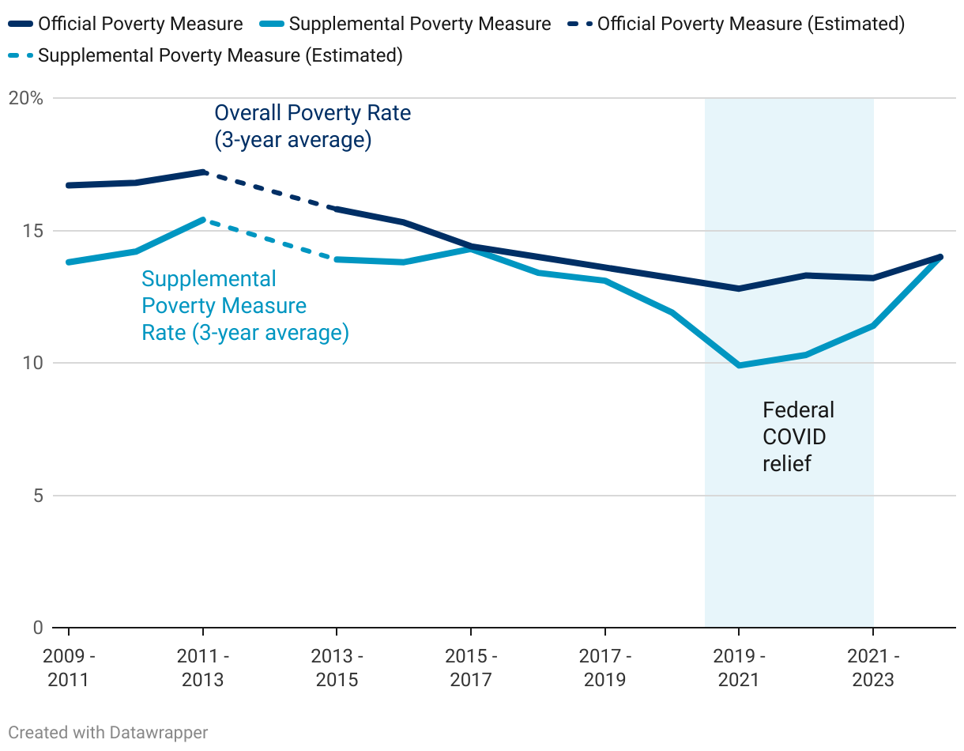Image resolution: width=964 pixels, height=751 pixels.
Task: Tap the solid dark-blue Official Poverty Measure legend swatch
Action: (x=20, y=25)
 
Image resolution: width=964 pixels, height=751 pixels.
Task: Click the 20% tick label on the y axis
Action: (x=25, y=99)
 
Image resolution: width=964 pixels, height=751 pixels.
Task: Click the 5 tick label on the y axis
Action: (x=37, y=496)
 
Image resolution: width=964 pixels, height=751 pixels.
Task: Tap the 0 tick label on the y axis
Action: (x=37, y=628)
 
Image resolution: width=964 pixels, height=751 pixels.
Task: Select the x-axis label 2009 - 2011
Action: (x=69, y=668)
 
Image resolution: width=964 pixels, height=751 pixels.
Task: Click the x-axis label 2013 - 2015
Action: (x=337, y=668)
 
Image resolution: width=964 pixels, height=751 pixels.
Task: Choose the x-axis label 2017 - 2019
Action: (x=604, y=668)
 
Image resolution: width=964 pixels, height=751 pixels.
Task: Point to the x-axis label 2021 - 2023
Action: (x=872, y=668)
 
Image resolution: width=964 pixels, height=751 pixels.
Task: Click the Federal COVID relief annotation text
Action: (x=798, y=436)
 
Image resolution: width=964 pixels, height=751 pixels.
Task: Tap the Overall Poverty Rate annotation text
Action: (x=313, y=126)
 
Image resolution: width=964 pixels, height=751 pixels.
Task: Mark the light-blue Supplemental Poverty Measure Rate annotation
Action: (x=245, y=306)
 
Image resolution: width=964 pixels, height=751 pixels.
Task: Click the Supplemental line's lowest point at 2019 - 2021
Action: (x=739, y=365)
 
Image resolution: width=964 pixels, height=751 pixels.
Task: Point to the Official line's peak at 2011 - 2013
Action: (x=203, y=172)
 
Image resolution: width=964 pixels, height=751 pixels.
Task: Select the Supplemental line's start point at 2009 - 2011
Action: (x=69, y=262)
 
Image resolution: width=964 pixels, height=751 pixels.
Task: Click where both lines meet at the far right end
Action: (x=940, y=257)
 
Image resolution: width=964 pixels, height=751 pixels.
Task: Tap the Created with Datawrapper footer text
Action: (x=108, y=733)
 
